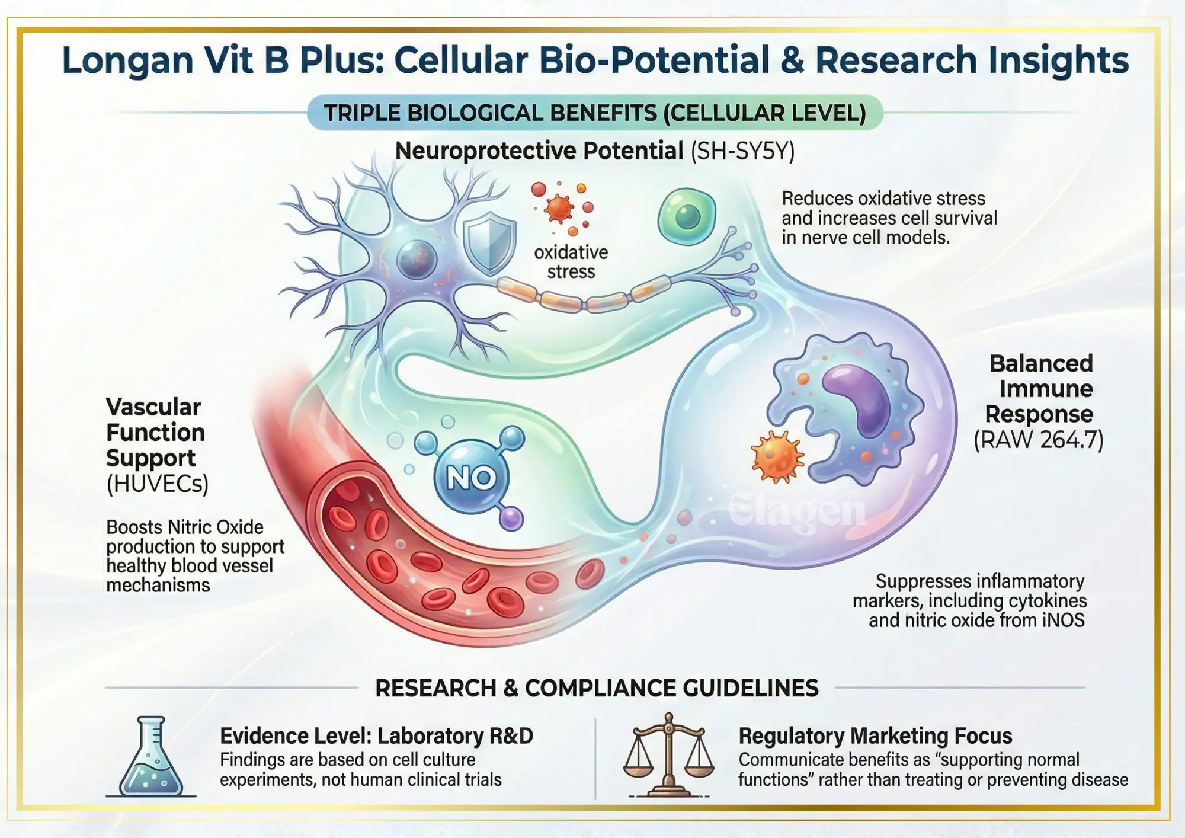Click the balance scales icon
click(x=669, y=756)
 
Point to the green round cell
click(x=687, y=216)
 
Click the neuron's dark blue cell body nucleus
click(x=417, y=259)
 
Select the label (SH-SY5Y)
click(x=742, y=151)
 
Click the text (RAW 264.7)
click(x=1039, y=440)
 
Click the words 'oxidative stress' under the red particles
click(x=571, y=262)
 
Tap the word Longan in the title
click(x=127, y=60)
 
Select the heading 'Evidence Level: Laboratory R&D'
click(x=376, y=735)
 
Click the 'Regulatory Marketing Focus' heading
click(x=875, y=735)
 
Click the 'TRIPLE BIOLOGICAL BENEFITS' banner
click(x=595, y=113)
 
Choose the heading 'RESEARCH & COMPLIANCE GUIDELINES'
click(x=597, y=688)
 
